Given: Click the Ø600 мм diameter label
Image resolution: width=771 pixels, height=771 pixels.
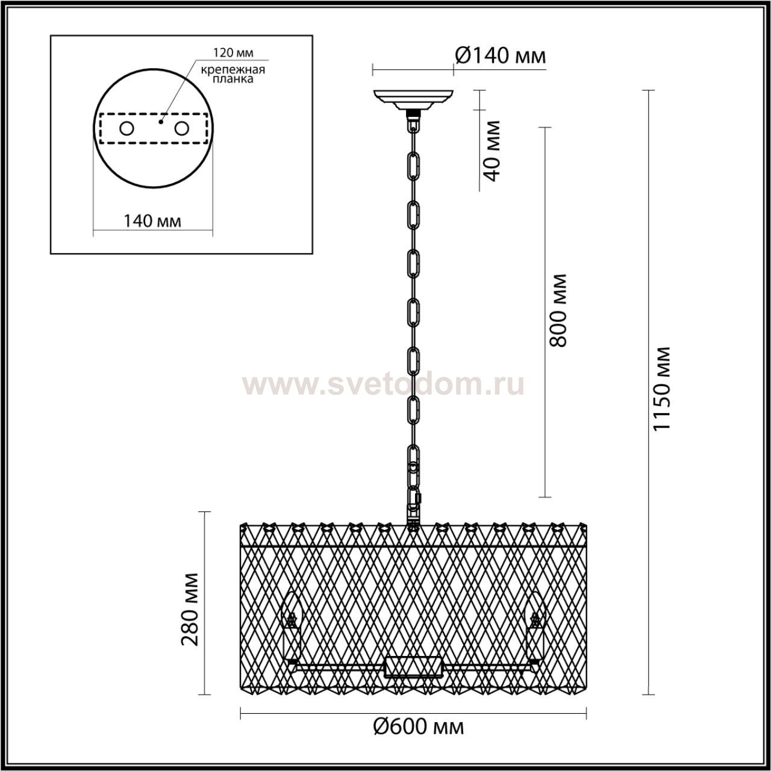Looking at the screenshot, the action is pos(419,726).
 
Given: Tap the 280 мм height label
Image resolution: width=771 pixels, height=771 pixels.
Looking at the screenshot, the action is pos(189,615).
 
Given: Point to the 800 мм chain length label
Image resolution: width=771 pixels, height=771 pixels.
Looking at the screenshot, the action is pos(558,310).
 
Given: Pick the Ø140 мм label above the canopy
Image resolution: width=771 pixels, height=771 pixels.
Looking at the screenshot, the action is pos(500,55).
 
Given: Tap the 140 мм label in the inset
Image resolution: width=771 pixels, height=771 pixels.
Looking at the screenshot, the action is pos(152,220).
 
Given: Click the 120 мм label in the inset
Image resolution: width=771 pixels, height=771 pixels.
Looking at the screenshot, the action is pos(233,52).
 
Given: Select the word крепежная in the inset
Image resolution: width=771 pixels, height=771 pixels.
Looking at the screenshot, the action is pos(233,70).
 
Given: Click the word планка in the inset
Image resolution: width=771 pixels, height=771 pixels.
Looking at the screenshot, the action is pos(233,79).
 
